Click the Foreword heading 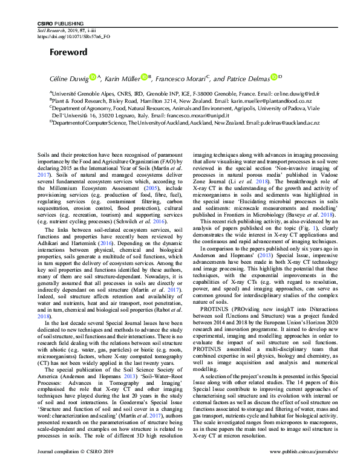pyautogui.click(x=68, y=52)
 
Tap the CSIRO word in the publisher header pyautogui.click(x=45, y=22)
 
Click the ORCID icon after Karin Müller pyautogui.click(x=144, y=77)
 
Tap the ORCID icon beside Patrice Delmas pyautogui.click(x=273, y=77)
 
